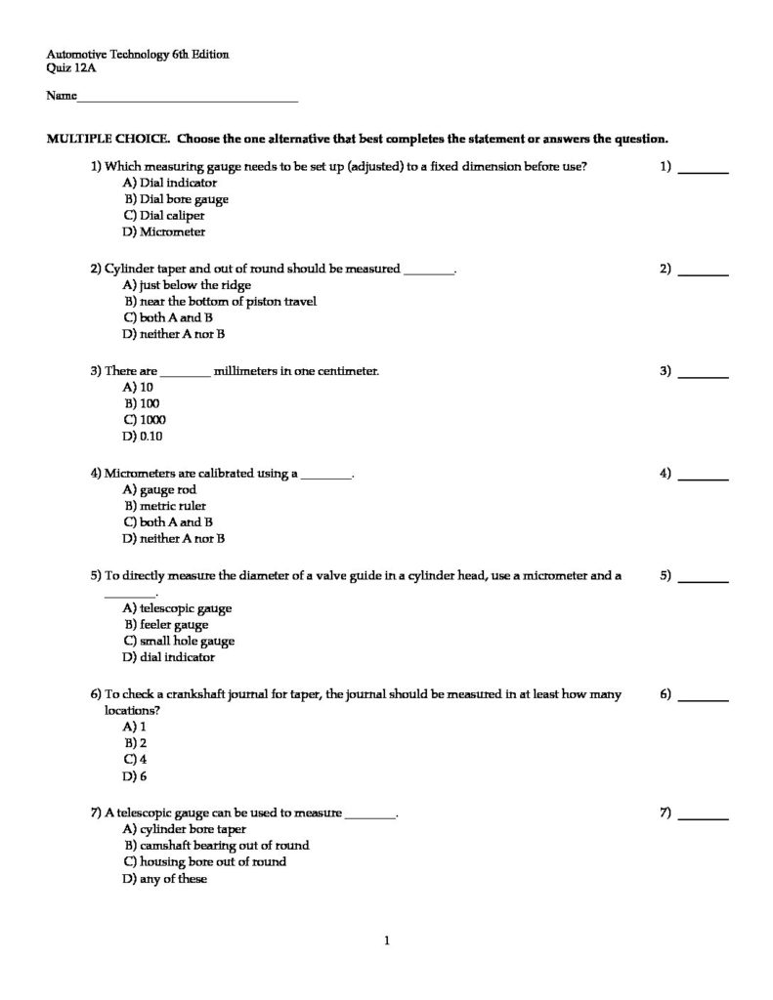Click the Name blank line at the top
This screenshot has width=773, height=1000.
(x=187, y=100)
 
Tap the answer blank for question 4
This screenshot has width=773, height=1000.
(x=704, y=478)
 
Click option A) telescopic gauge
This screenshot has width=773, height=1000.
(x=178, y=607)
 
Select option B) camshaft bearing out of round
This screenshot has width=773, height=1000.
(x=216, y=845)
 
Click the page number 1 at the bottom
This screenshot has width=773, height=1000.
(x=387, y=941)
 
